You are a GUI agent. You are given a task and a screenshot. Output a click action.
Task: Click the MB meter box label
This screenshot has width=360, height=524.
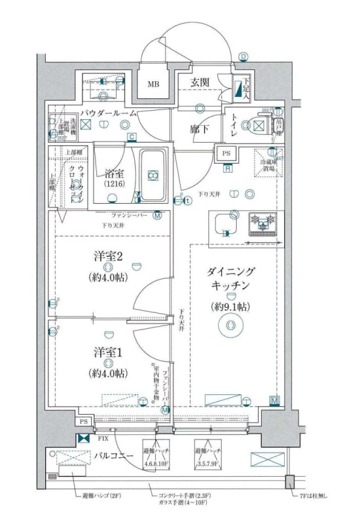pyautogui.click(x=153, y=84)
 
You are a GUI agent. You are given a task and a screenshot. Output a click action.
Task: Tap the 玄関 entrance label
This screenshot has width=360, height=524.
pyautogui.click(x=200, y=83)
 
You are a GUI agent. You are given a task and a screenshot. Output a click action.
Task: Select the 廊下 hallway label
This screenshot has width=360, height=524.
pyautogui.click(x=200, y=130)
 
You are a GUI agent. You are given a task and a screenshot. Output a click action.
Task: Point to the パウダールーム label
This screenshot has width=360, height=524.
pyautogui.click(x=108, y=113)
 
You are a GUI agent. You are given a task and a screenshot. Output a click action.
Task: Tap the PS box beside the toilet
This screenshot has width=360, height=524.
pyautogui.click(x=226, y=153)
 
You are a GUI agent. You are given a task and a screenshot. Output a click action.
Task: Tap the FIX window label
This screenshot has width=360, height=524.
pyautogui.click(x=103, y=438)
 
